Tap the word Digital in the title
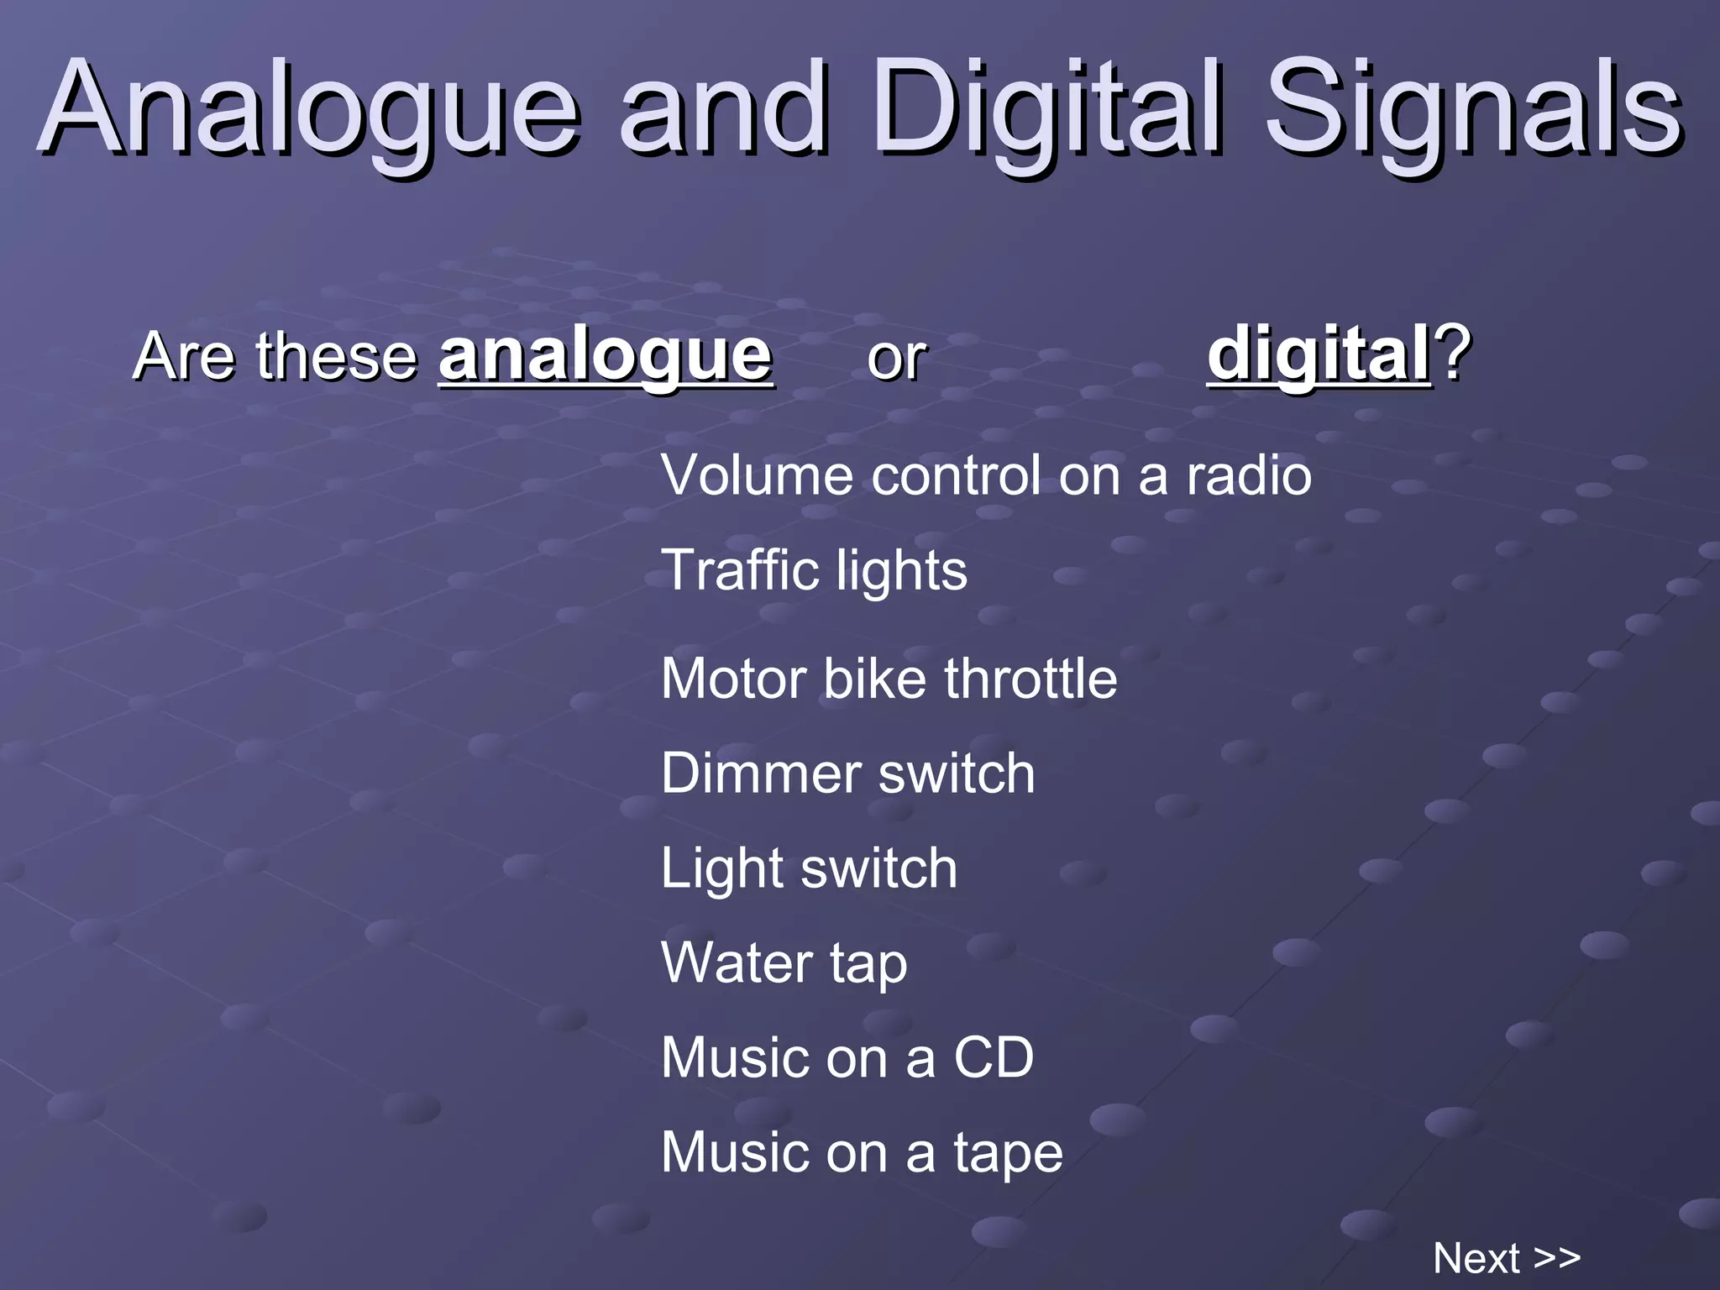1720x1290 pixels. (x=1050, y=109)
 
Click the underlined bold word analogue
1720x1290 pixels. (x=605, y=354)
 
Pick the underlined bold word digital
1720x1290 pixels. (x=1319, y=354)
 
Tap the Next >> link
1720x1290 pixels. (x=1507, y=1258)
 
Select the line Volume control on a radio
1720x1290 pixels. (x=986, y=475)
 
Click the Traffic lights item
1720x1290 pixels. (x=814, y=571)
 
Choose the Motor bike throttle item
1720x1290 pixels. (x=889, y=679)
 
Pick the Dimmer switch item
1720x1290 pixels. (x=847, y=773)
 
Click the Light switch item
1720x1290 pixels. (x=809, y=868)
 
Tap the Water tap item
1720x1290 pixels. (x=784, y=963)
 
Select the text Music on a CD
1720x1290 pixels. (x=847, y=1057)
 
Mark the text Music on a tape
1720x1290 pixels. (x=862, y=1152)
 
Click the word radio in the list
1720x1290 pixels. (x=1248, y=475)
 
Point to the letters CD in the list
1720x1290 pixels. (x=993, y=1057)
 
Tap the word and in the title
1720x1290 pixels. (x=724, y=109)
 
